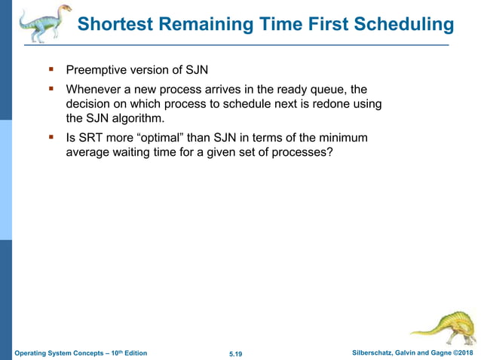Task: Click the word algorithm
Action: tap(137, 118)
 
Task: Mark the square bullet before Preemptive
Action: tap(52, 71)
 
